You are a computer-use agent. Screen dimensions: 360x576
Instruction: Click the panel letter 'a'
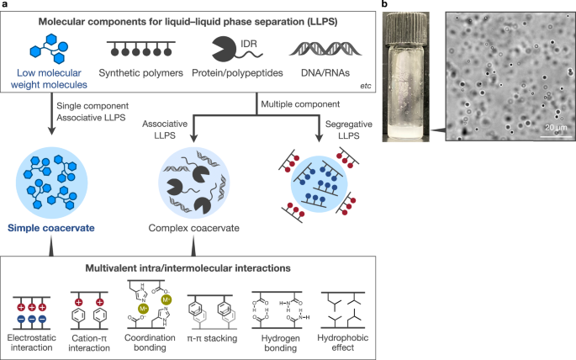[4, 6]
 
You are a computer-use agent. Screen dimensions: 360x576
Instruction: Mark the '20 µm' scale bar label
[550, 127]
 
